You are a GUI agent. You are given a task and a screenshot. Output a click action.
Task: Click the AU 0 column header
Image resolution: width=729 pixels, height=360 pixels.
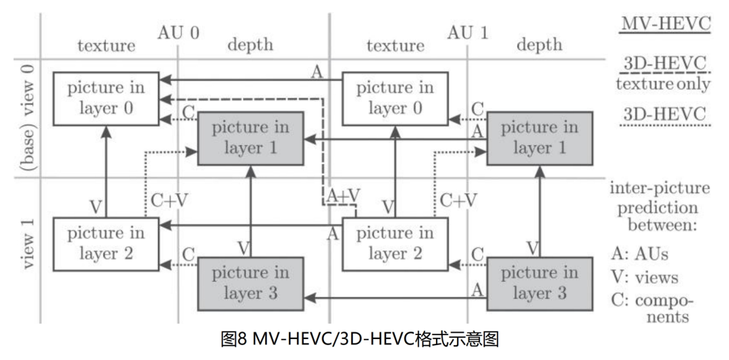178,32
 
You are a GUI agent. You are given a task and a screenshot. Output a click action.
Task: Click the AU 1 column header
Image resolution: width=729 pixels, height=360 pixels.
467,32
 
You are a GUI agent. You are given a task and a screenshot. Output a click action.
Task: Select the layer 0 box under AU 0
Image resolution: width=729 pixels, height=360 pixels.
106,98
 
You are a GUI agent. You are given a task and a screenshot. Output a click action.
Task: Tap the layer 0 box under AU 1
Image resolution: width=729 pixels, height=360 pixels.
395,98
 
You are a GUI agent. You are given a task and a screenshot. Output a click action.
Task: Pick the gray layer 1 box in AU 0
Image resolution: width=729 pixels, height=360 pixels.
250,138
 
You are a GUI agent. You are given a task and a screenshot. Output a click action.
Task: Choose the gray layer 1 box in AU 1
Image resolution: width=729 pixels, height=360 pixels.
539,138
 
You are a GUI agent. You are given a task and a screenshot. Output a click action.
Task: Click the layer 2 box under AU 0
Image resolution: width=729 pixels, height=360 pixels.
106,243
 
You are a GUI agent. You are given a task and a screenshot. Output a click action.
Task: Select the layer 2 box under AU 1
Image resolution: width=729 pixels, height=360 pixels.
395,243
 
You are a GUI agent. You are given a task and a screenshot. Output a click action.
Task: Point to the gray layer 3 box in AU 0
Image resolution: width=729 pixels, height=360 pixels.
250,283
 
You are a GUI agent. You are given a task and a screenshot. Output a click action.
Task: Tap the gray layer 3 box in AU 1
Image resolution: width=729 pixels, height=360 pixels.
539,283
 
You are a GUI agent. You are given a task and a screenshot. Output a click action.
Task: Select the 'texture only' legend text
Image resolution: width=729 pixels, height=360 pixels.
663,84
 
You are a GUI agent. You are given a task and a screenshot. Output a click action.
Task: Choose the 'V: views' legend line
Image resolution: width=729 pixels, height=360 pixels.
644,278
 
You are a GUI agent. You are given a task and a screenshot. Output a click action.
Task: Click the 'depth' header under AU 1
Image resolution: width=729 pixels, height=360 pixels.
539,45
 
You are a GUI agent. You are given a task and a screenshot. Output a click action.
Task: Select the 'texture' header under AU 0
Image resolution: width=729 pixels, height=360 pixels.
106,45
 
